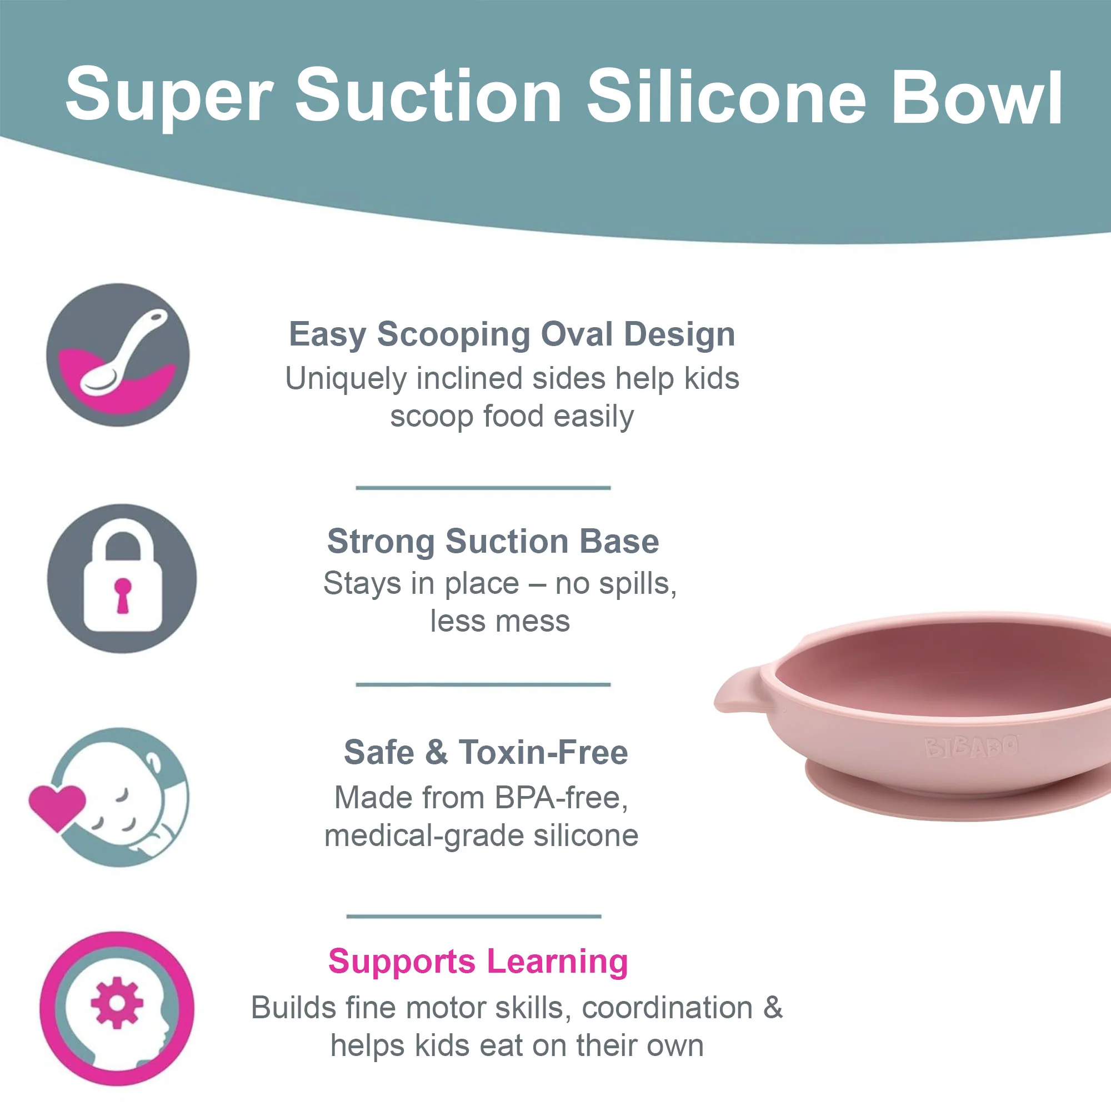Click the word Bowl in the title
977,97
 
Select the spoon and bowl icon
118,355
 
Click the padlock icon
122,578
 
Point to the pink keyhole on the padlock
122,595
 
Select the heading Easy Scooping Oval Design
512,334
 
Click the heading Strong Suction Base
493,541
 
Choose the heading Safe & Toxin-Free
486,752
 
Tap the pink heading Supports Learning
478,962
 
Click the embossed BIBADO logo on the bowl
971,747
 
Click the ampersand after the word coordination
773,1008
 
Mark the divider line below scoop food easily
483,488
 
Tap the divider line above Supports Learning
474,916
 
